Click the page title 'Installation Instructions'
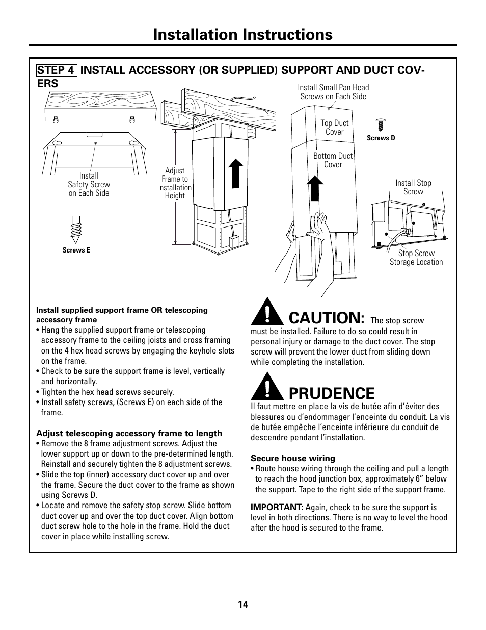point(242,34)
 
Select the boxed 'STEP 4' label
point(57,70)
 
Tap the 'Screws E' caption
point(76,250)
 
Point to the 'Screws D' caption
point(381,138)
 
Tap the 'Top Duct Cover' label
point(335,128)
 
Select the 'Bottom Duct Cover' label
point(333,160)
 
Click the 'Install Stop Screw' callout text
point(413,187)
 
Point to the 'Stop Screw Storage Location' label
point(416,258)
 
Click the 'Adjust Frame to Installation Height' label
point(175,183)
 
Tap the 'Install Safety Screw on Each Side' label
point(89,184)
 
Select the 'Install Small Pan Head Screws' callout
point(333,92)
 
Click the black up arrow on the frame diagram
point(234,173)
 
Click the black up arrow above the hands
point(316,189)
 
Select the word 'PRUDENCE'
point(331,393)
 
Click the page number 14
point(242,604)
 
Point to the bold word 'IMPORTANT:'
point(277,508)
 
